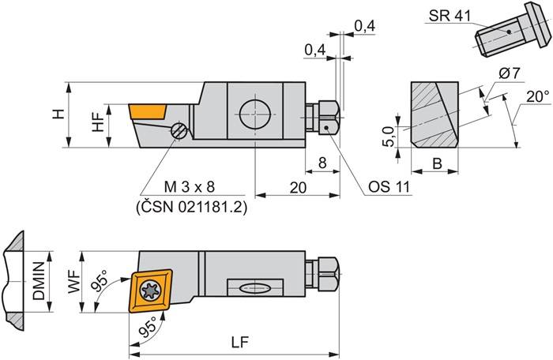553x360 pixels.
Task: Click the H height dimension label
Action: click(x=58, y=115)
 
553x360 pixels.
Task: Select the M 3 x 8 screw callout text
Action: click(x=190, y=186)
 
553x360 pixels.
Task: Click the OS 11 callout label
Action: click(x=388, y=187)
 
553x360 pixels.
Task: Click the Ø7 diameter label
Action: click(x=508, y=73)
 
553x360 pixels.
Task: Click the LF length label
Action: click(x=236, y=343)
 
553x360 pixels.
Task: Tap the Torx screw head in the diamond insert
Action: click(x=150, y=292)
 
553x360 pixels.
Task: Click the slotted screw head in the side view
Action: click(x=180, y=131)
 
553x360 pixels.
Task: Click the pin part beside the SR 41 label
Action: click(x=506, y=36)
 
